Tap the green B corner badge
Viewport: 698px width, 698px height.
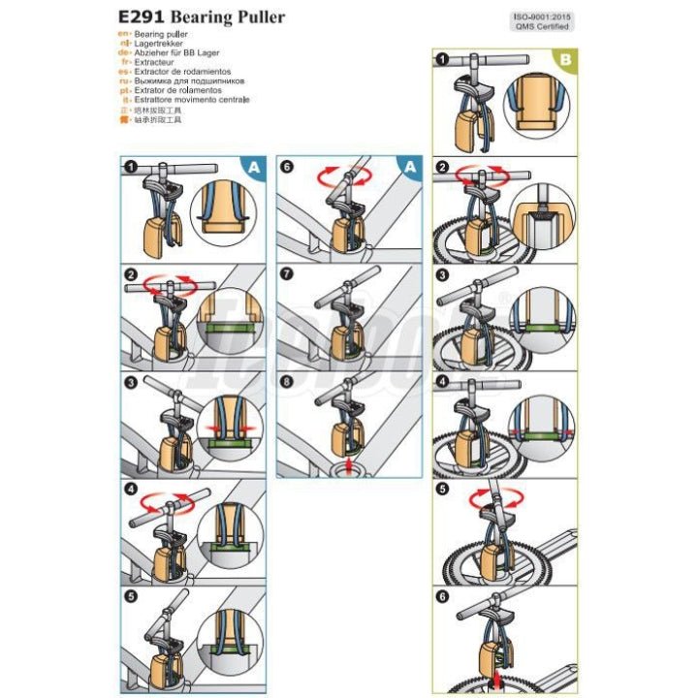tap(565, 60)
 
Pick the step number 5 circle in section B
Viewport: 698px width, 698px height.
tap(442, 489)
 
